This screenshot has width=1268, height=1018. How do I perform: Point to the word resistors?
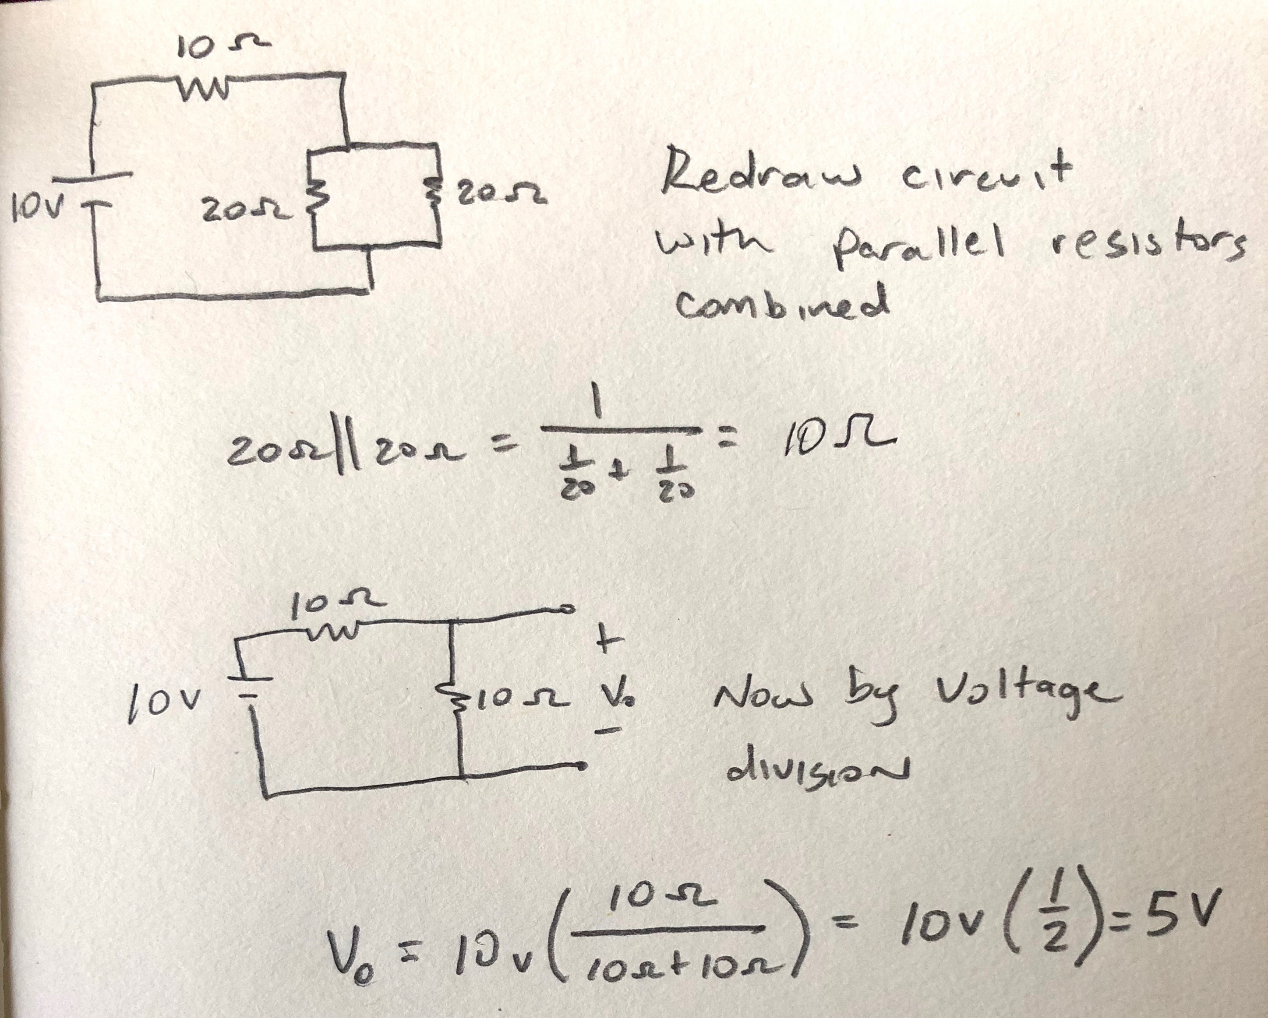pos(1147,250)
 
